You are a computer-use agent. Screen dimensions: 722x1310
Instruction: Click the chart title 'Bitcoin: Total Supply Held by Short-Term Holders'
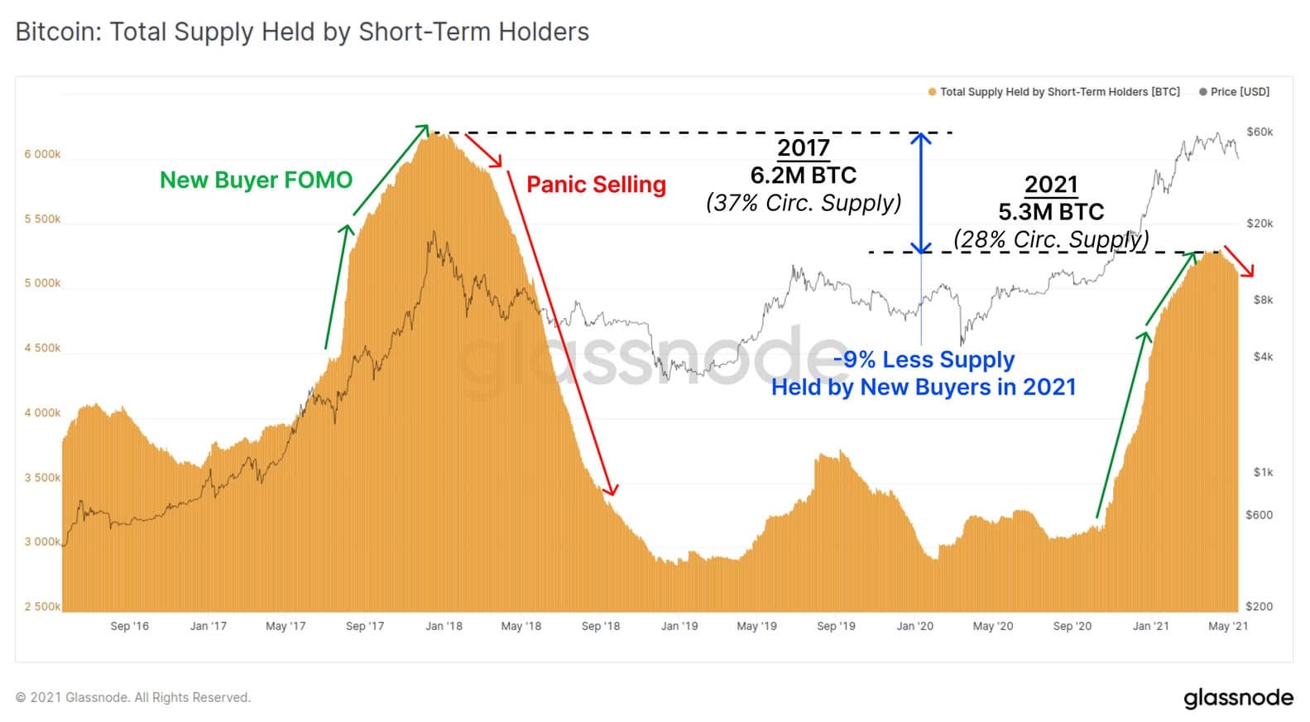coord(302,32)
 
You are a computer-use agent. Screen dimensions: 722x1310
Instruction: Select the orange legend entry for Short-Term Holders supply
coord(1054,92)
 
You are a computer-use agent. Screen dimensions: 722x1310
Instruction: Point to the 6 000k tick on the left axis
coord(42,155)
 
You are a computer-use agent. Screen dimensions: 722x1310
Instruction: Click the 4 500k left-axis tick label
coord(42,349)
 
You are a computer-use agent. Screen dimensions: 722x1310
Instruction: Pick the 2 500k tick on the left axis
coord(42,607)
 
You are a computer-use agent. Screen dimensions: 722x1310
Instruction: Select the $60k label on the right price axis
coord(1260,132)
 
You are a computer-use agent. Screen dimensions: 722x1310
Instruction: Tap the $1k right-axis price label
coord(1263,473)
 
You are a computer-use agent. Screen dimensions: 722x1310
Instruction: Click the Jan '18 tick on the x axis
coord(444,626)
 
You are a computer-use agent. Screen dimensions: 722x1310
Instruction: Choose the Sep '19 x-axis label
coord(836,626)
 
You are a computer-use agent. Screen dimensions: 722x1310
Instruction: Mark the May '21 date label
coord(1228,626)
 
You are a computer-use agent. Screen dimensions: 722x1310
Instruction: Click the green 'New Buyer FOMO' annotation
coord(256,180)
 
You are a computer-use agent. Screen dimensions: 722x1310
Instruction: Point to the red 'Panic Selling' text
coord(596,185)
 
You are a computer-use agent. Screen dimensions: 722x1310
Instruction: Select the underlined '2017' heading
coord(803,148)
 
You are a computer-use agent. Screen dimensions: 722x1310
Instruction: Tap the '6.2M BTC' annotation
coord(803,176)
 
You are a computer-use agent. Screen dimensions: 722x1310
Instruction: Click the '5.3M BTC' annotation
coord(1051,212)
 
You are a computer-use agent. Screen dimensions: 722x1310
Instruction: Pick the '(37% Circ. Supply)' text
coord(803,203)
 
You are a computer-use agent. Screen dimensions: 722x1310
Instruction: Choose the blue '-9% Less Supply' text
coord(924,359)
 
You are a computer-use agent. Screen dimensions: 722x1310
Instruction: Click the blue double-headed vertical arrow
coord(921,192)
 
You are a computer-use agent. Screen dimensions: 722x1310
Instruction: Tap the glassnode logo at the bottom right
coord(1238,697)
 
